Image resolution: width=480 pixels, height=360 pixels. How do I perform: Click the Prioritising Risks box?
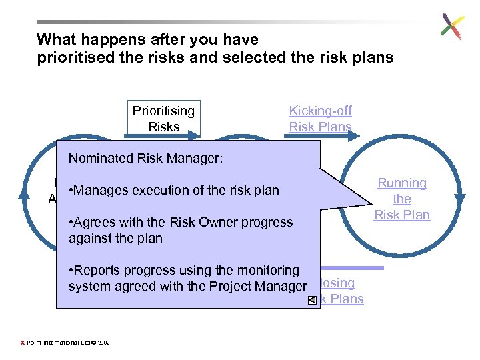163,119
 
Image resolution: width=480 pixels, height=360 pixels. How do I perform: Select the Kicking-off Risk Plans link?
320,119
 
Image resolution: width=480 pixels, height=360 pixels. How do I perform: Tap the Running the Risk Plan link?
401,199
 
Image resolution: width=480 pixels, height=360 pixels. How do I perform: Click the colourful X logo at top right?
451,27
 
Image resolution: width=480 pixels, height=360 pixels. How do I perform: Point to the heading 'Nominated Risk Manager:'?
145,159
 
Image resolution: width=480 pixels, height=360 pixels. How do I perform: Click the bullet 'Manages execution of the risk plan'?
173,191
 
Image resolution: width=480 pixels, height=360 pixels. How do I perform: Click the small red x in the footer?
23,343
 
